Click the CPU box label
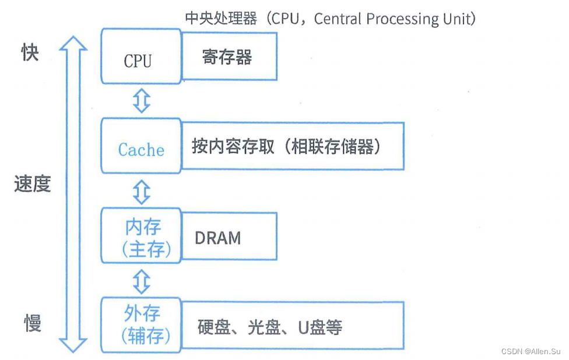[x=138, y=61]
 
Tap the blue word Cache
[x=141, y=150]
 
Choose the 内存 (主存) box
[x=142, y=238]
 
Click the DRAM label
[x=217, y=238]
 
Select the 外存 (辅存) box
[x=142, y=324]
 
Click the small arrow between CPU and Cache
[x=142, y=101]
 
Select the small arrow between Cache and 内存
[x=142, y=190]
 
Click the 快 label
[x=30, y=54]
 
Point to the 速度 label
[x=33, y=184]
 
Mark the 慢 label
[x=33, y=323]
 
